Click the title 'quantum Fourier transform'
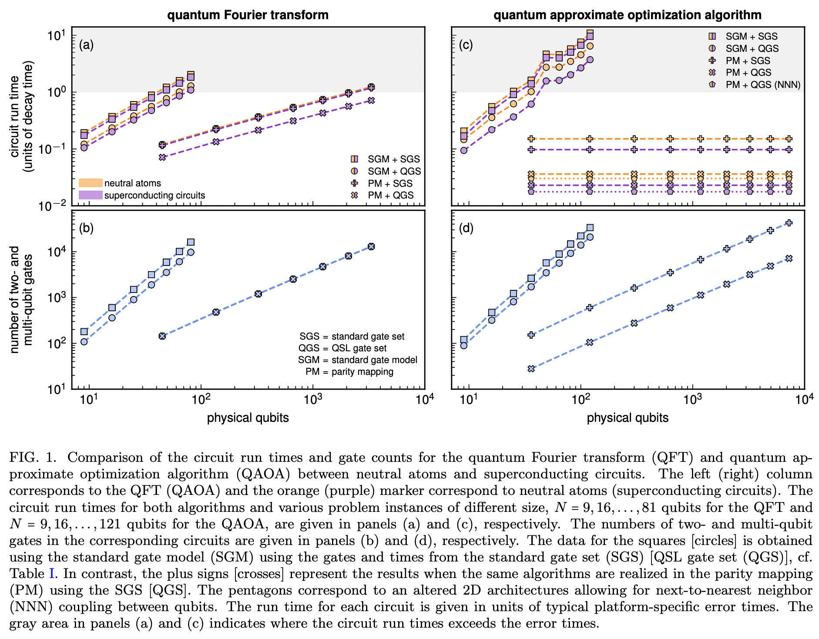point(248,15)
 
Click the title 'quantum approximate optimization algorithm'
point(627,15)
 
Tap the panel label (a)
point(86,45)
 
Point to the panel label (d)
point(466,228)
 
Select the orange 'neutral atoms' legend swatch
point(91,183)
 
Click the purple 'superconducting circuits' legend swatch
point(91,195)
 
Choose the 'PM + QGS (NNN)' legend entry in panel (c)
point(763,84)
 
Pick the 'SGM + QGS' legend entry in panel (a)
point(394,172)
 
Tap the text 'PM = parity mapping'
point(349,372)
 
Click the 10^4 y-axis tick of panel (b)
point(56,252)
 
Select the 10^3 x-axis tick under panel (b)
point(312,399)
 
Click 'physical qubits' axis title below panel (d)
point(628,418)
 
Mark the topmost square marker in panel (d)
point(590,228)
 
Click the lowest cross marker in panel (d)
point(531,369)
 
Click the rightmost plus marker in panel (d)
point(789,223)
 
